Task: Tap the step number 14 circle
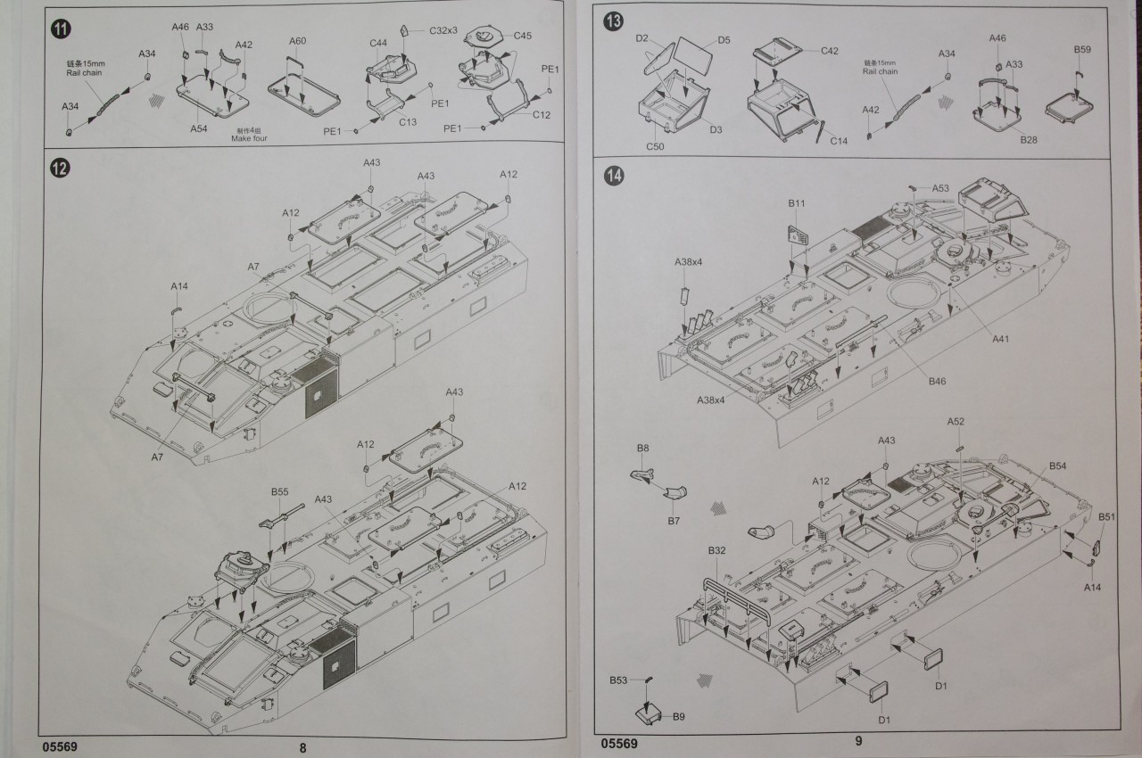pyautogui.click(x=614, y=176)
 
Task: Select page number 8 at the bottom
pyautogui.click(x=302, y=747)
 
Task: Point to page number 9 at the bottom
pyautogui.click(x=858, y=740)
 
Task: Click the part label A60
pyautogui.click(x=298, y=41)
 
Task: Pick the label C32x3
pyautogui.click(x=443, y=30)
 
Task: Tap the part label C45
pyautogui.click(x=523, y=36)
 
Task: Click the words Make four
pyautogui.click(x=249, y=139)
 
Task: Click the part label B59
pyautogui.click(x=1082, y=49)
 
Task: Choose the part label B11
pyautogui.click(x=797, y=204)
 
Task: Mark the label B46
pyautogui.click(x=936, y=382)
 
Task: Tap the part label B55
pyautogui.click(x=280, y=491)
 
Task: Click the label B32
pyautogui.click(x=717, y=551)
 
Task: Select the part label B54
pyautogui.click(x=1058, y=466)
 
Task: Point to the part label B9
pyautogui.click(x=678, y=716)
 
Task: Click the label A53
pyautogui.click(x=941, y=188)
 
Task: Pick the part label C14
pyautogui.click(x=839, y=141)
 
